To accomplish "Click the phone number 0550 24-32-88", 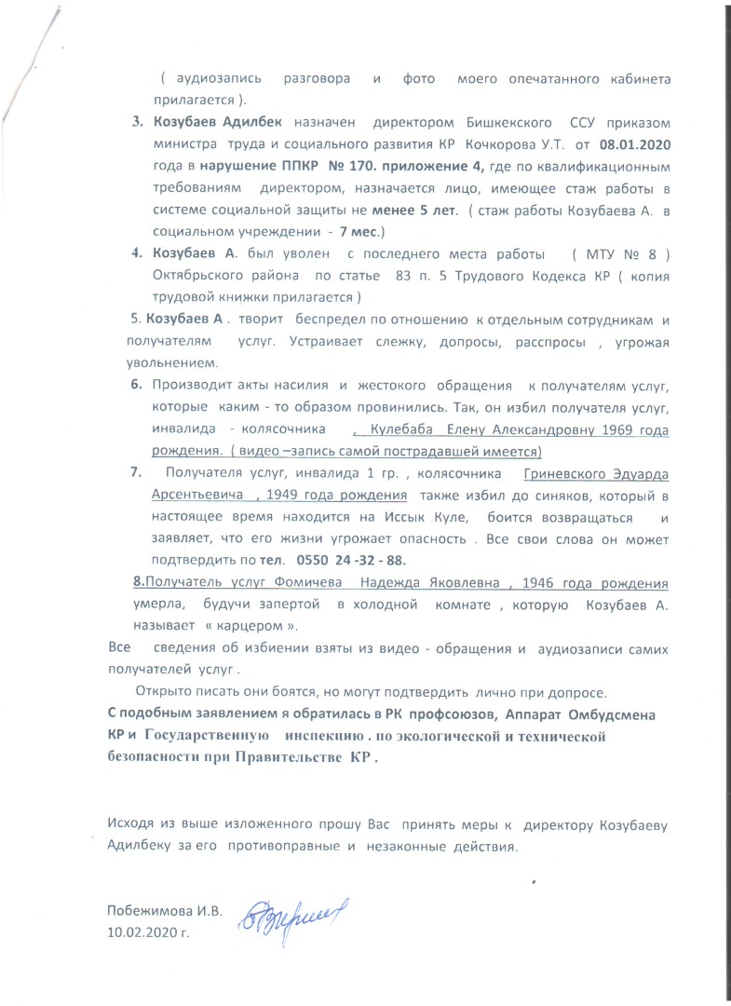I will (354, 560).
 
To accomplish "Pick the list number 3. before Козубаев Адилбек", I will (136, 123).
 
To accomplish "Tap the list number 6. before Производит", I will (136, 385).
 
